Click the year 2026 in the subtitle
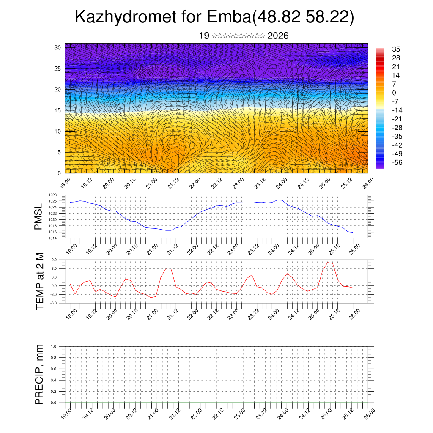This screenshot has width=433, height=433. click(x=278, y=36)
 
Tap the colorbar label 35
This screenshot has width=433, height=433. click(x=396, y=49)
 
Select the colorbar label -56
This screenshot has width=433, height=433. click(x=398, y=162)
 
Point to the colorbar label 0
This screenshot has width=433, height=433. click(x=394, y=93)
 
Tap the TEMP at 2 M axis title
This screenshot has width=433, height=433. click(x=39, y=281)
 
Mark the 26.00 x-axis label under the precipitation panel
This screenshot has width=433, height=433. click(x=369, y=412)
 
